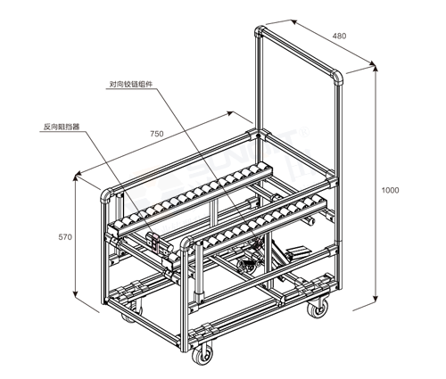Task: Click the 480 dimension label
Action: click(x=339, y=36)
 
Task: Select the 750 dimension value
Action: click(x=157, y=134)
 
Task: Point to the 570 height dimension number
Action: click(x=65, y=237)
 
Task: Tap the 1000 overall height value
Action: click(x=390, y=190)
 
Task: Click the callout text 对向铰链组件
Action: click(x=131, y=85)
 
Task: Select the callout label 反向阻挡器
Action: click(x=62, y=127)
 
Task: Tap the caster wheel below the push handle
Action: click(x=318, y=309)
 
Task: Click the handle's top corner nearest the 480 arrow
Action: click(x=260, y=31)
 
